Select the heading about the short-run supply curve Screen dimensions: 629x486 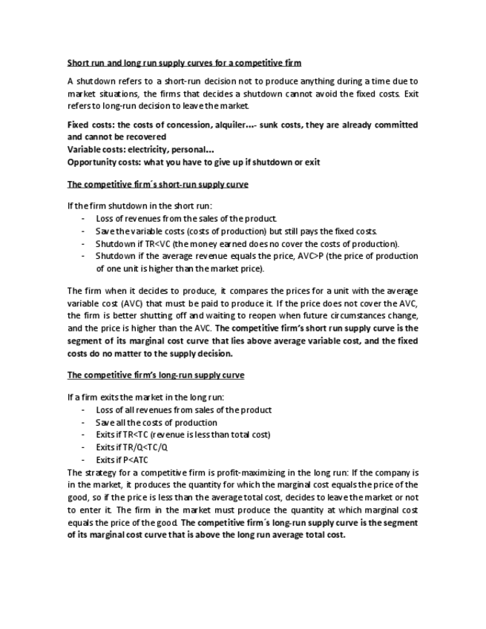(x=157, y=184)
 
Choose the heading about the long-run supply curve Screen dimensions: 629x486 (x=155, y=375)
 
